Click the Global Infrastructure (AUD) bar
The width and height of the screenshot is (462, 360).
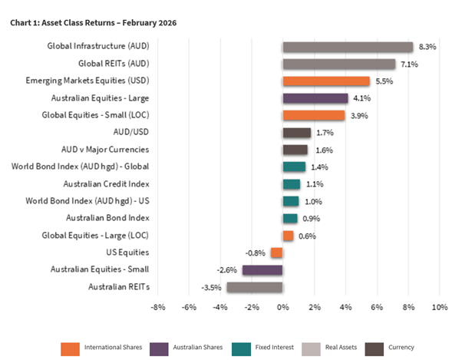coord(348,47)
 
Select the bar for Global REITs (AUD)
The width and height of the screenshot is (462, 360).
coord(338,64)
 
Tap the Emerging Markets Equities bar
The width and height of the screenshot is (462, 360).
coord(325,81)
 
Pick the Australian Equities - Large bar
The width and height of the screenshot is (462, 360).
coord(315,98)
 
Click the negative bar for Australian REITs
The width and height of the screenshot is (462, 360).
coord(254,286)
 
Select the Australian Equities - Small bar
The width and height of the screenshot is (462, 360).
coord(262,269)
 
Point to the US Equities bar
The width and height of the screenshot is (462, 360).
coord(276,253)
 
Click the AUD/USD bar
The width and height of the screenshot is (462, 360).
coord(296,132)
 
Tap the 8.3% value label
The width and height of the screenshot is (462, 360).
coord(427,47)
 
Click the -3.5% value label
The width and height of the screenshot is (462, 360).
coord(212,287)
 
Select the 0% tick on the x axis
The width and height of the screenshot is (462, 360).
coord(282,307)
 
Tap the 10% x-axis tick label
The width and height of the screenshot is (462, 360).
coord(439,307)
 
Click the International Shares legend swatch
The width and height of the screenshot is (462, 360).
coord(70,348)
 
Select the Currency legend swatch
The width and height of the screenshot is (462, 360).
coord(377,348)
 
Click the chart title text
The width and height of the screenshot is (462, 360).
coord(93,23)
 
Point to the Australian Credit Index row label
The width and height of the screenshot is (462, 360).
coord(107,183)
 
